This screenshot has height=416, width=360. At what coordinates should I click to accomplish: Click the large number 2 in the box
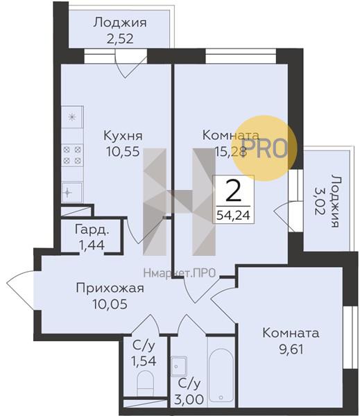[234, 189]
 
